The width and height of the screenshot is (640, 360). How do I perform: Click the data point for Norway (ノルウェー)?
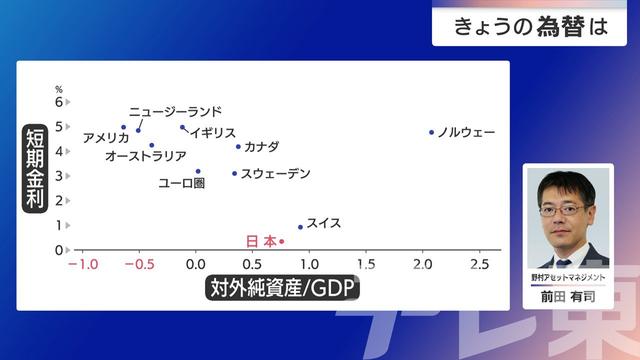(432, 132)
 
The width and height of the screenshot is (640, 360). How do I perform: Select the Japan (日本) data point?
(282, 241)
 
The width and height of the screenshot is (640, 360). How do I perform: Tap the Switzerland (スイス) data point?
(300, 227)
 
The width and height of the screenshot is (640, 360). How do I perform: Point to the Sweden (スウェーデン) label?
(276, 174)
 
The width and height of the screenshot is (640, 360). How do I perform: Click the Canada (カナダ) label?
(261, 147)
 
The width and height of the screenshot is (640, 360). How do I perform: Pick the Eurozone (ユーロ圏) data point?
(198, 171)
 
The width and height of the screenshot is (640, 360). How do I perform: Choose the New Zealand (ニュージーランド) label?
(175, 112)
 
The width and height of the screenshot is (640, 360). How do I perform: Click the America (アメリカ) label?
(106, 138)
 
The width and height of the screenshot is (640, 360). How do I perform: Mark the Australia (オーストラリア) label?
(145, 156)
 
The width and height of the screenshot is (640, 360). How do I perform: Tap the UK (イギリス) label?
(213, 132)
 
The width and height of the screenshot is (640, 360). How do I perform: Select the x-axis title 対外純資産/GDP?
(283, 289)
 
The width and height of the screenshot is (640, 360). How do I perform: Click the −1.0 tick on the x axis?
(81, 265)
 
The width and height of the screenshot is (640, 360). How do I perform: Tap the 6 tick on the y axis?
(59, 102)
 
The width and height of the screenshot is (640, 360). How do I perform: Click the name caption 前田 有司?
(567, 297)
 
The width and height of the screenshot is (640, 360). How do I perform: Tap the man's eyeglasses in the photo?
(561, 209)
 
